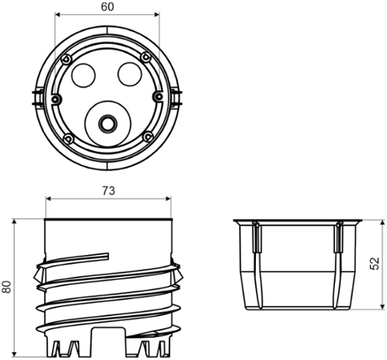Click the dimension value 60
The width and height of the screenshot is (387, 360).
tap(107, 6)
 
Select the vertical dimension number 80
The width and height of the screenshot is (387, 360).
tap(7, 286)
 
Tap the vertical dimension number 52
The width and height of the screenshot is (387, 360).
tap(376, 264)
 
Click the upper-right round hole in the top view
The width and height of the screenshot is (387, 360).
tap(130, 75)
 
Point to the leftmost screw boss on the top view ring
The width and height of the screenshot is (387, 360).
tap(55, 98)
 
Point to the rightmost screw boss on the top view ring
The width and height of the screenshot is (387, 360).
tap(158, 97)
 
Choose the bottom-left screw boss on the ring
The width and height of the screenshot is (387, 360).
tap(70, 139)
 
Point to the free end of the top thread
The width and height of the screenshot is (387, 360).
tap(106, 256)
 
